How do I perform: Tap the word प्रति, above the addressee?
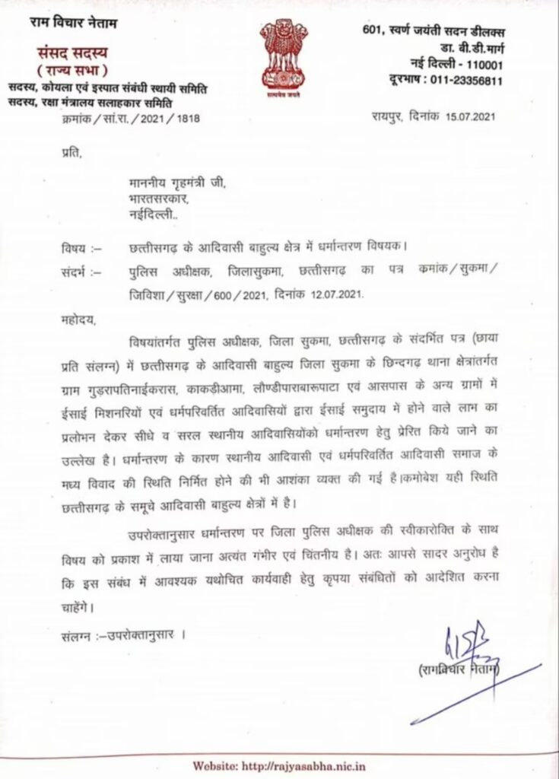pyautogui.click(x=69, y=154)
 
